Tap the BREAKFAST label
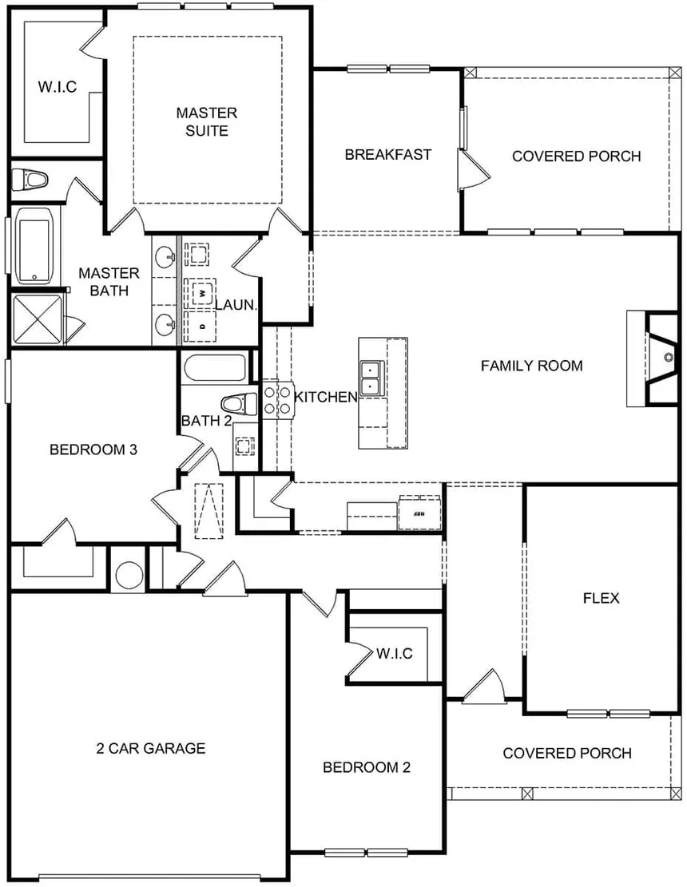(388, 154)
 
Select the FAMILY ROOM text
(531, 366)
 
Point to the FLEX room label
(601, 598)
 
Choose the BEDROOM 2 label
(367, 767)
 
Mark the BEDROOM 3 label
(93, 449)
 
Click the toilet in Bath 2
(239, 404)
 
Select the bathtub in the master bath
(34, 246)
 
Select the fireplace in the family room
(661, 357)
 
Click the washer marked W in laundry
(201, 294)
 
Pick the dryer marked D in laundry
(201, 326)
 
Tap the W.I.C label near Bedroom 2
(394, 654)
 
